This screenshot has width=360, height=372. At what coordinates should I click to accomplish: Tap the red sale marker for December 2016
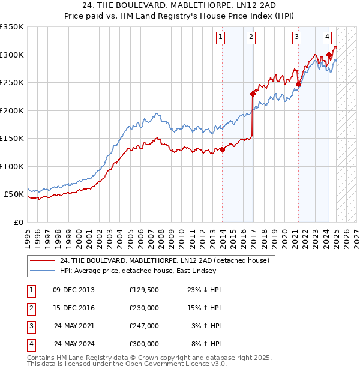click(x=253, y=94)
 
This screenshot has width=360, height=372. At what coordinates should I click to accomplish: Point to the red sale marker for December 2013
click(x=222, y=149)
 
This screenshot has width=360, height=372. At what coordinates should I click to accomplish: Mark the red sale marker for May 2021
click(x=298, y=84)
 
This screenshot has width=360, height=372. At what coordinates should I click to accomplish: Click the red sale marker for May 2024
click(x=329, y=55)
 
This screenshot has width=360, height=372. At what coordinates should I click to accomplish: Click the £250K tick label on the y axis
click(x=11, y=83)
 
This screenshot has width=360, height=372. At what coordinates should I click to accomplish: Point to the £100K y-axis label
click(x=11, y=166)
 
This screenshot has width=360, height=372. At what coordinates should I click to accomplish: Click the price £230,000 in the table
click(x=144, y=308)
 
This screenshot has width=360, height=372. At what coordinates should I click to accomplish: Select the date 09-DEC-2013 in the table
click(x=74, y=290)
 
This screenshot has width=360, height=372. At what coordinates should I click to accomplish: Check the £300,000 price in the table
click(x=144, y=344)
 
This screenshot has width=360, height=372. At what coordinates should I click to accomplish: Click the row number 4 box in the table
click(x=31, y=344)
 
